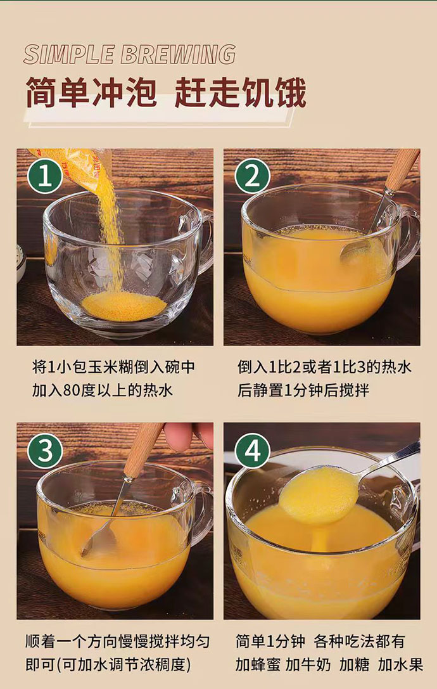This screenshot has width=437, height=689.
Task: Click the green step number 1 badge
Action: pos(44,176)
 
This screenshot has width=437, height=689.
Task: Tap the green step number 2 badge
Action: pos(251,176)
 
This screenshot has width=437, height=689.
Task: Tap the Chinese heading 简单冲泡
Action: pos(91,93)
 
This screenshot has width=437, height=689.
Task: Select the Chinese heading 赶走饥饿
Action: pos(240,93)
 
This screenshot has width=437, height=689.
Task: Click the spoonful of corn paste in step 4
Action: pos(319,494)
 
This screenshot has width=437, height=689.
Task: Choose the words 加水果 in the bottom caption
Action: pos(400,665)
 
